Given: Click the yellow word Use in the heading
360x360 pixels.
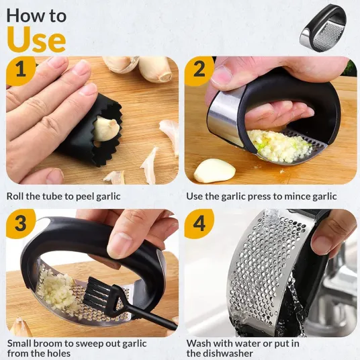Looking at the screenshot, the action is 36,40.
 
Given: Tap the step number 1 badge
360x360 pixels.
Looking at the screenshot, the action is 21,70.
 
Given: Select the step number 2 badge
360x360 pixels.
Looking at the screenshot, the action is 199,70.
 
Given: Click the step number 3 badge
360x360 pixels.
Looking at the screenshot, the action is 21,224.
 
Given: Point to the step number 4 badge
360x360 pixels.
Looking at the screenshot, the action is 199,224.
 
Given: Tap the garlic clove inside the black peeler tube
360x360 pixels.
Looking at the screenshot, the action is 106,128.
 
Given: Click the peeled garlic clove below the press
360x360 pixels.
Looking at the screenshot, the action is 214,171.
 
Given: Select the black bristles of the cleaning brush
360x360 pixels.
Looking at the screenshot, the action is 95,291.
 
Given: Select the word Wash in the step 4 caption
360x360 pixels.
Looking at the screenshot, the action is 199,343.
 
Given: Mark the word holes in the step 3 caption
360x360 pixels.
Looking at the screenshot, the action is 58,353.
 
